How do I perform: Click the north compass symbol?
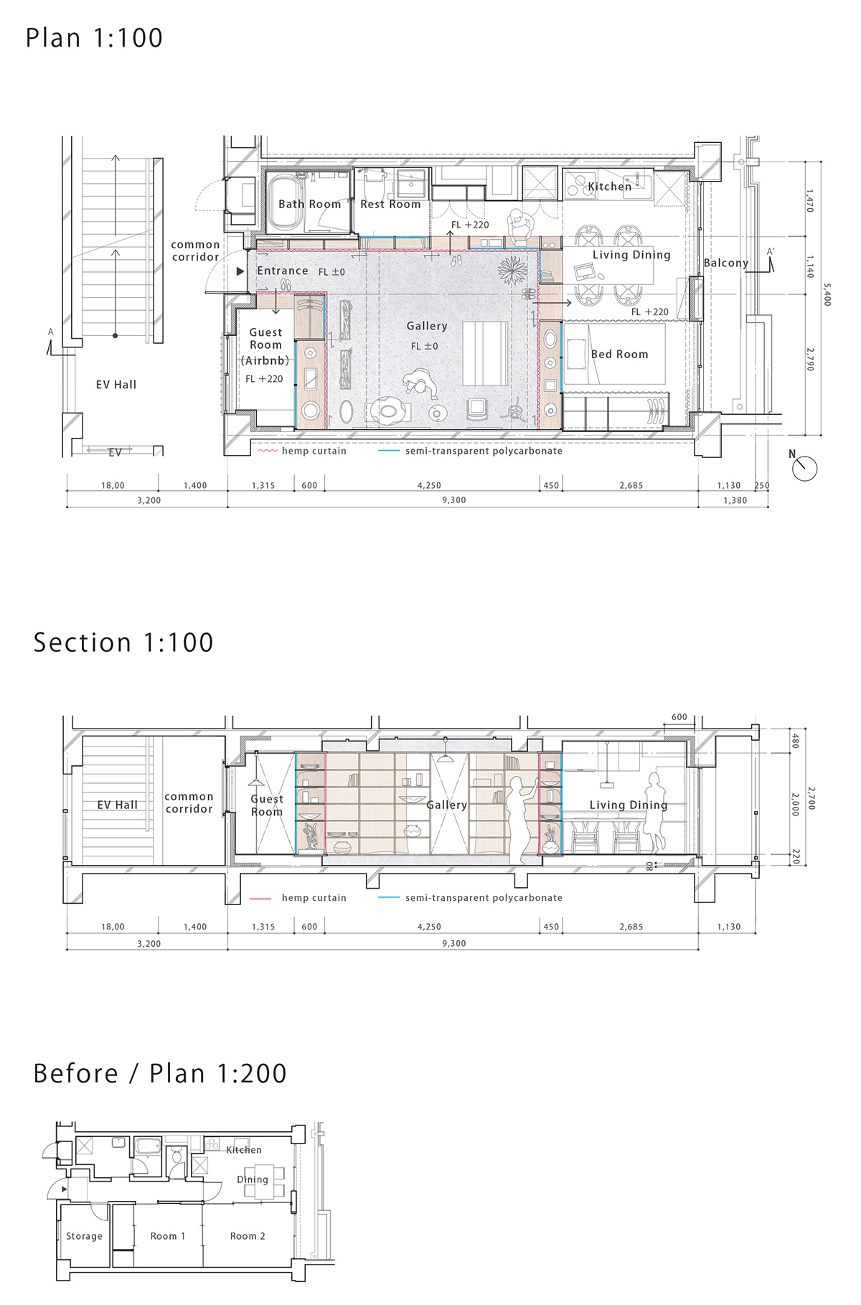(x=804, y=468)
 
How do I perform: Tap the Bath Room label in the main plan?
(x=310, y=204)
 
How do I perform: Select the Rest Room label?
(x=390, y=204)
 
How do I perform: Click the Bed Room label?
(x=619, y=354)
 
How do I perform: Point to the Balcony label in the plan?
(x=725, y=263)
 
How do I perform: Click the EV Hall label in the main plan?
(x=116, y=385)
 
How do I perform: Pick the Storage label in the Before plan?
(x=84, y=1236)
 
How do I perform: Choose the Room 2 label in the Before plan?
(x=248, y=1236)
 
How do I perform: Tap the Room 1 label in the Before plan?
(x=168, y=1236)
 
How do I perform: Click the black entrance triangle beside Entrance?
(x=240, y=271)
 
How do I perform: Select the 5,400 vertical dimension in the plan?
(x=827, y=294)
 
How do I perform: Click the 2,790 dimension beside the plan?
(x=810, y=360)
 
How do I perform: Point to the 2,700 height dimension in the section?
(x=811, y=798)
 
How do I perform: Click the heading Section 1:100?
(x=123, y=642)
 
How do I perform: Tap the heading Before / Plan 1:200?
(x=160, y=1073)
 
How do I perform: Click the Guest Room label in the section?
(x=267, y=805)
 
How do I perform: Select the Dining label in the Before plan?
(x=253, y=1179)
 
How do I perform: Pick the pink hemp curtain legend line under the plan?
(x=268, y=452)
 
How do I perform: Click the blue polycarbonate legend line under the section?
(x=389, y=898)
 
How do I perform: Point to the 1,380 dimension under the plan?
(x=735, y=500)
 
